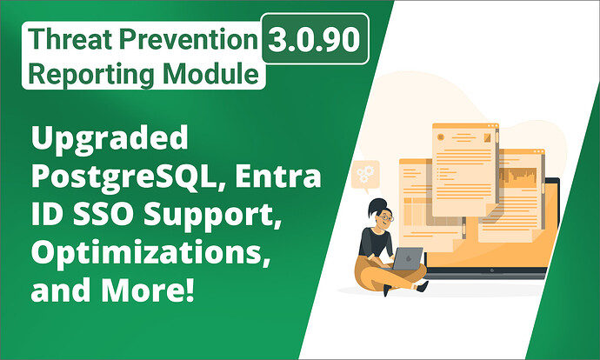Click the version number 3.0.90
315,42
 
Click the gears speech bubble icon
364,175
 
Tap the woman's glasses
385,217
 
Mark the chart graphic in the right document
521,183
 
